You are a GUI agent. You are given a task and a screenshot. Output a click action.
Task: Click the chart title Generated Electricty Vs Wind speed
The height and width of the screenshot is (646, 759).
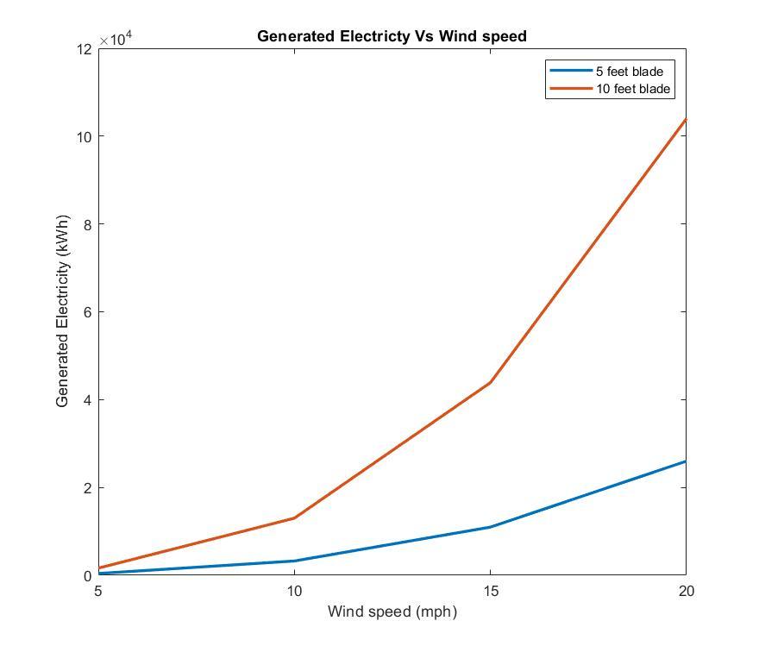point(392,36)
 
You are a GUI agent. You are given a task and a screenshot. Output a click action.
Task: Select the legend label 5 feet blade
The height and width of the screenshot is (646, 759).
point(629,72)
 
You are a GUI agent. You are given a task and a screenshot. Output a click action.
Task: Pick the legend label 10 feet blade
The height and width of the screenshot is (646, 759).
point(632,89)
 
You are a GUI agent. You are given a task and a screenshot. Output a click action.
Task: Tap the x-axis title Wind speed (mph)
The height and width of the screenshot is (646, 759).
point(392,612)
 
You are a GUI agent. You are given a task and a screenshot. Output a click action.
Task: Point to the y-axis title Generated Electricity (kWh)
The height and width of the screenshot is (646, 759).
point(62,311)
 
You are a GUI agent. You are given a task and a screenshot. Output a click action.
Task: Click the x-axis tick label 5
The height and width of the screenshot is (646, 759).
point(98,591)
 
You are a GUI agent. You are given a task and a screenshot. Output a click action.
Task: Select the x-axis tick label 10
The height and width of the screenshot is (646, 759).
point(294,591)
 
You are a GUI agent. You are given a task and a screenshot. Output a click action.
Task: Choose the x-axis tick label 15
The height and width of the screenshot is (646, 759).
point(490,591)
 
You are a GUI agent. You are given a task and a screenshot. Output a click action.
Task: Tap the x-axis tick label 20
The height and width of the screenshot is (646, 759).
point(686,591)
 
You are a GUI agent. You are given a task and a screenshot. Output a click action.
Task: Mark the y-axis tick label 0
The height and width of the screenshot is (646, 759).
point(87,575)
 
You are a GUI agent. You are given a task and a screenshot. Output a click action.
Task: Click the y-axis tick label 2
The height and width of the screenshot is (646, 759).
point(87,487)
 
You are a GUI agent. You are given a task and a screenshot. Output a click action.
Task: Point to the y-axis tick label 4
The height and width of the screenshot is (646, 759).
point(87,399)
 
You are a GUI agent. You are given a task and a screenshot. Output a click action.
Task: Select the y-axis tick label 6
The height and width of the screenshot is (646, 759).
point(87,311)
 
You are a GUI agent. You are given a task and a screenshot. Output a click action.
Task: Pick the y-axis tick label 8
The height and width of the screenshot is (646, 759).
point(87,223)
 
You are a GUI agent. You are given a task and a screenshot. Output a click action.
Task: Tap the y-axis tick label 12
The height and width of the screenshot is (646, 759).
point(84,48)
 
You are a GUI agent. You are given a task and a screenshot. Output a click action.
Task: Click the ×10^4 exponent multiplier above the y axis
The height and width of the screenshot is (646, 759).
point(116,39)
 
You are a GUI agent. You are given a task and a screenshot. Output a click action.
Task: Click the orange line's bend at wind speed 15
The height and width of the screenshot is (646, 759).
point(490,382)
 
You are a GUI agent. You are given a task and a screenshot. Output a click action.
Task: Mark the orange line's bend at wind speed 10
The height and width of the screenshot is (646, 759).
point(294,517)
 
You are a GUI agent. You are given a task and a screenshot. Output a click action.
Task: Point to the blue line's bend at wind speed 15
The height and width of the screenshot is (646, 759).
point(490,527)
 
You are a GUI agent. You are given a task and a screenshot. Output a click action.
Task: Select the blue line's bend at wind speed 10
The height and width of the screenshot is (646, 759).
point(294,561)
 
